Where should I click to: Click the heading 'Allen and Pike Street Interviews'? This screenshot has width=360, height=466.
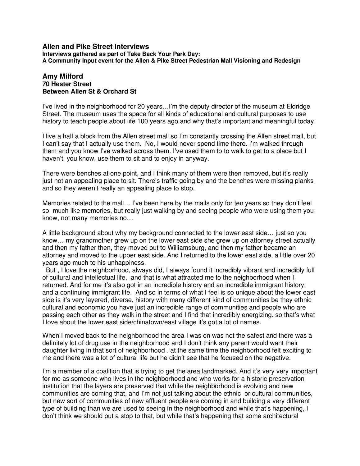95,47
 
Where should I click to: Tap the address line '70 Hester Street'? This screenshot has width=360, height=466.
67,84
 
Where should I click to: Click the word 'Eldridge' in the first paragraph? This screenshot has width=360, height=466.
298,107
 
